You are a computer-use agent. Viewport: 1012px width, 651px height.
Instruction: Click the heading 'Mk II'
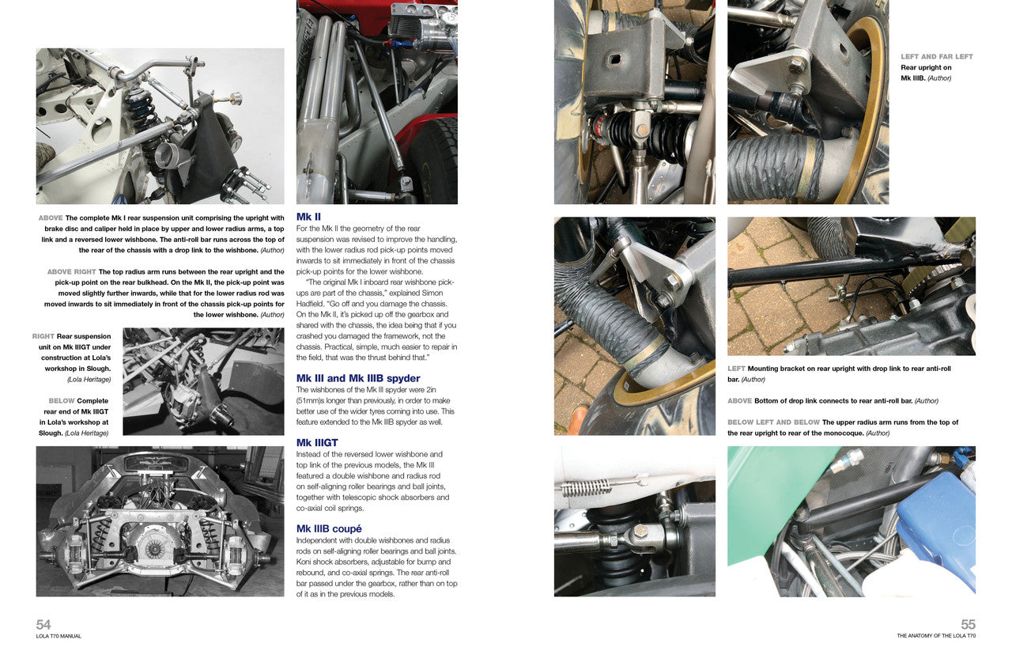pyautogui.click(x=308, y=217)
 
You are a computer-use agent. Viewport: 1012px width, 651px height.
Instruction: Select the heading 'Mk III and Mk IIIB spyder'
pyautogui.click(x=357, y=378)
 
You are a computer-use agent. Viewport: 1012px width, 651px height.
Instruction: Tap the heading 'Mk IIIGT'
pyautogui.click(x=317, y=443)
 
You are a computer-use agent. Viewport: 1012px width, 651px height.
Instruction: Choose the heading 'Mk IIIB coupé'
pyautogui.click(x=328, y=528)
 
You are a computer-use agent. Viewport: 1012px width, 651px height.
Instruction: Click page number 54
pyautogui.click(x=43, y=624)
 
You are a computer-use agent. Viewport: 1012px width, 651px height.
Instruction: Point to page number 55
pyautogui.click(x=968, y=624)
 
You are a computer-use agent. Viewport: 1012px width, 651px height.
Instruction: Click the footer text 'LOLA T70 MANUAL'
pyautogui.click(x=59, y=636)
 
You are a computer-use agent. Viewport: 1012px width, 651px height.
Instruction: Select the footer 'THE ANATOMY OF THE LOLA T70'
pyautogui.click(x=936, y=636)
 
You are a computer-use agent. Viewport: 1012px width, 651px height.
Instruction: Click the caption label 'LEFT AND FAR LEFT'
pyautogui.click(x=937, y=57)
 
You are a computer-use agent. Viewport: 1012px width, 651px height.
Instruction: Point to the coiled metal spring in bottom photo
pyautogui.click(x=586, y=486)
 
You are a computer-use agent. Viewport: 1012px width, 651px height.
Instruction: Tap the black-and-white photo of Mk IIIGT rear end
pyautogui.click(x=160, y=520)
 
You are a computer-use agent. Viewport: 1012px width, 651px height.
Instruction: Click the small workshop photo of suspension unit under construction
pyautogui.click(x=203, y=381)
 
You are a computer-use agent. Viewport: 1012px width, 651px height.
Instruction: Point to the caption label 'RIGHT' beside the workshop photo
pyautogui.click(x=43, y=336)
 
